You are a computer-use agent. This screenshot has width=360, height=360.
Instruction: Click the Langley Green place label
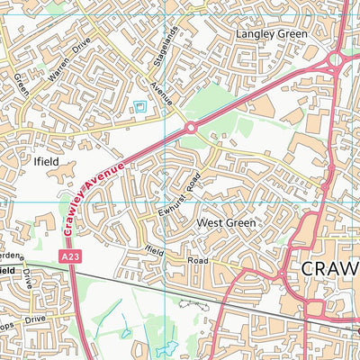pos(270,33)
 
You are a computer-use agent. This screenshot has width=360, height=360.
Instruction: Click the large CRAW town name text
pos(328,268)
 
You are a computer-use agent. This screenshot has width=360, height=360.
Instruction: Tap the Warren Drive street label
pos(70,56)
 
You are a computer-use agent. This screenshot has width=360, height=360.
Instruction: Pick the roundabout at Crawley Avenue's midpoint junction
pos(191,129)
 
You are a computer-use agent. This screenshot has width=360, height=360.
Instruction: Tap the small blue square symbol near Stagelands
pos(140,108)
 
